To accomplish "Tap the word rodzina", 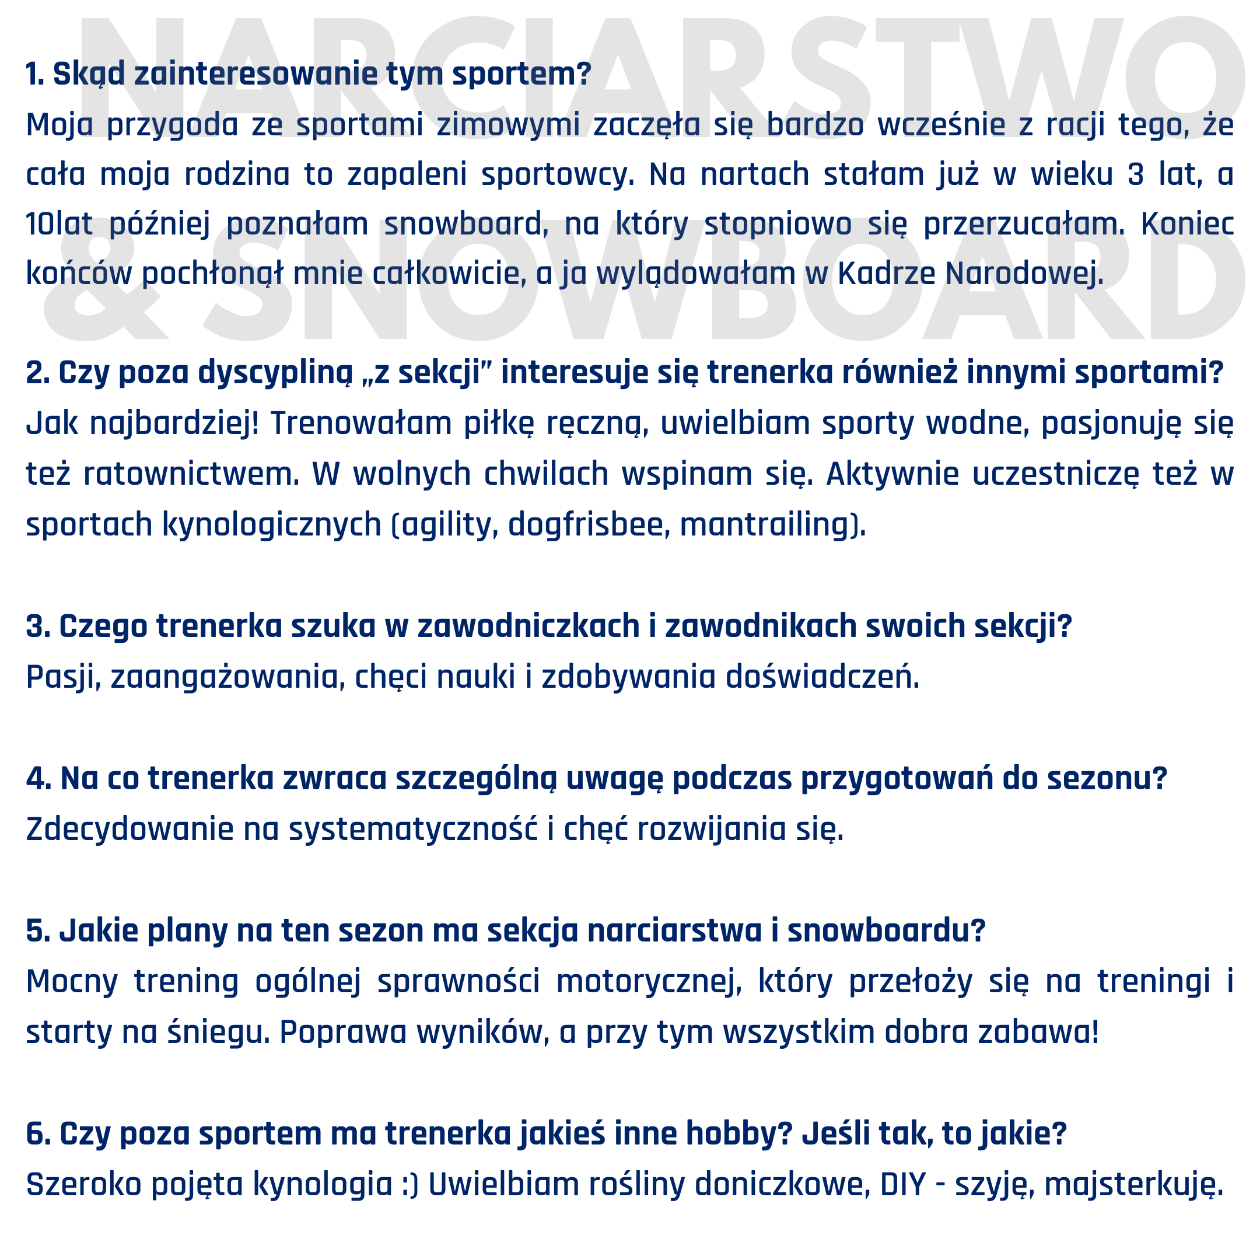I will [x=236, y=175].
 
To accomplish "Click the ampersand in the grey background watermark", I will [x=104, y=287].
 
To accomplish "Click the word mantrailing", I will [x=766, y=525].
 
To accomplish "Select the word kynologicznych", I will [x=271, y=525].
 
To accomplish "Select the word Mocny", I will [x=72, y=982].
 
